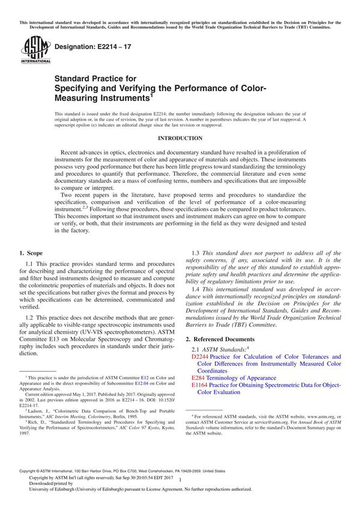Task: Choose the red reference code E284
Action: [199, 378]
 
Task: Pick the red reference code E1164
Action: [201, 385]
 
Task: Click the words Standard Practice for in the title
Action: [104, 78]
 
